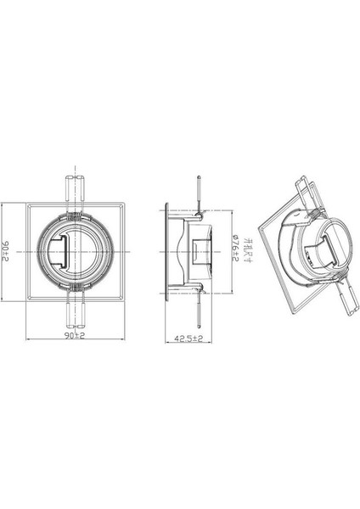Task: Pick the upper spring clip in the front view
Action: click(73, 191)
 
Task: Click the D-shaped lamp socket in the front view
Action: click(55, 252)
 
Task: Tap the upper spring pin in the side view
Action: click(197, 191)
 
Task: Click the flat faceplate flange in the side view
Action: click(168, 251)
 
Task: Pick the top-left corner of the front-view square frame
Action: click(28, 204)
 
